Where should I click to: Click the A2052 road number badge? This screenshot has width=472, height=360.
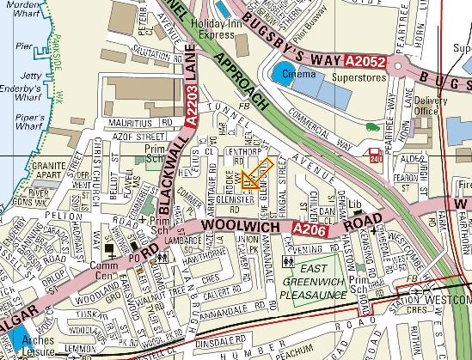point(365,63)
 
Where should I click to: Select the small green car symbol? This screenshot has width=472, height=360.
point(372,128)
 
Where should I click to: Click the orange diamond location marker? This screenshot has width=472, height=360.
point(256,174)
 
